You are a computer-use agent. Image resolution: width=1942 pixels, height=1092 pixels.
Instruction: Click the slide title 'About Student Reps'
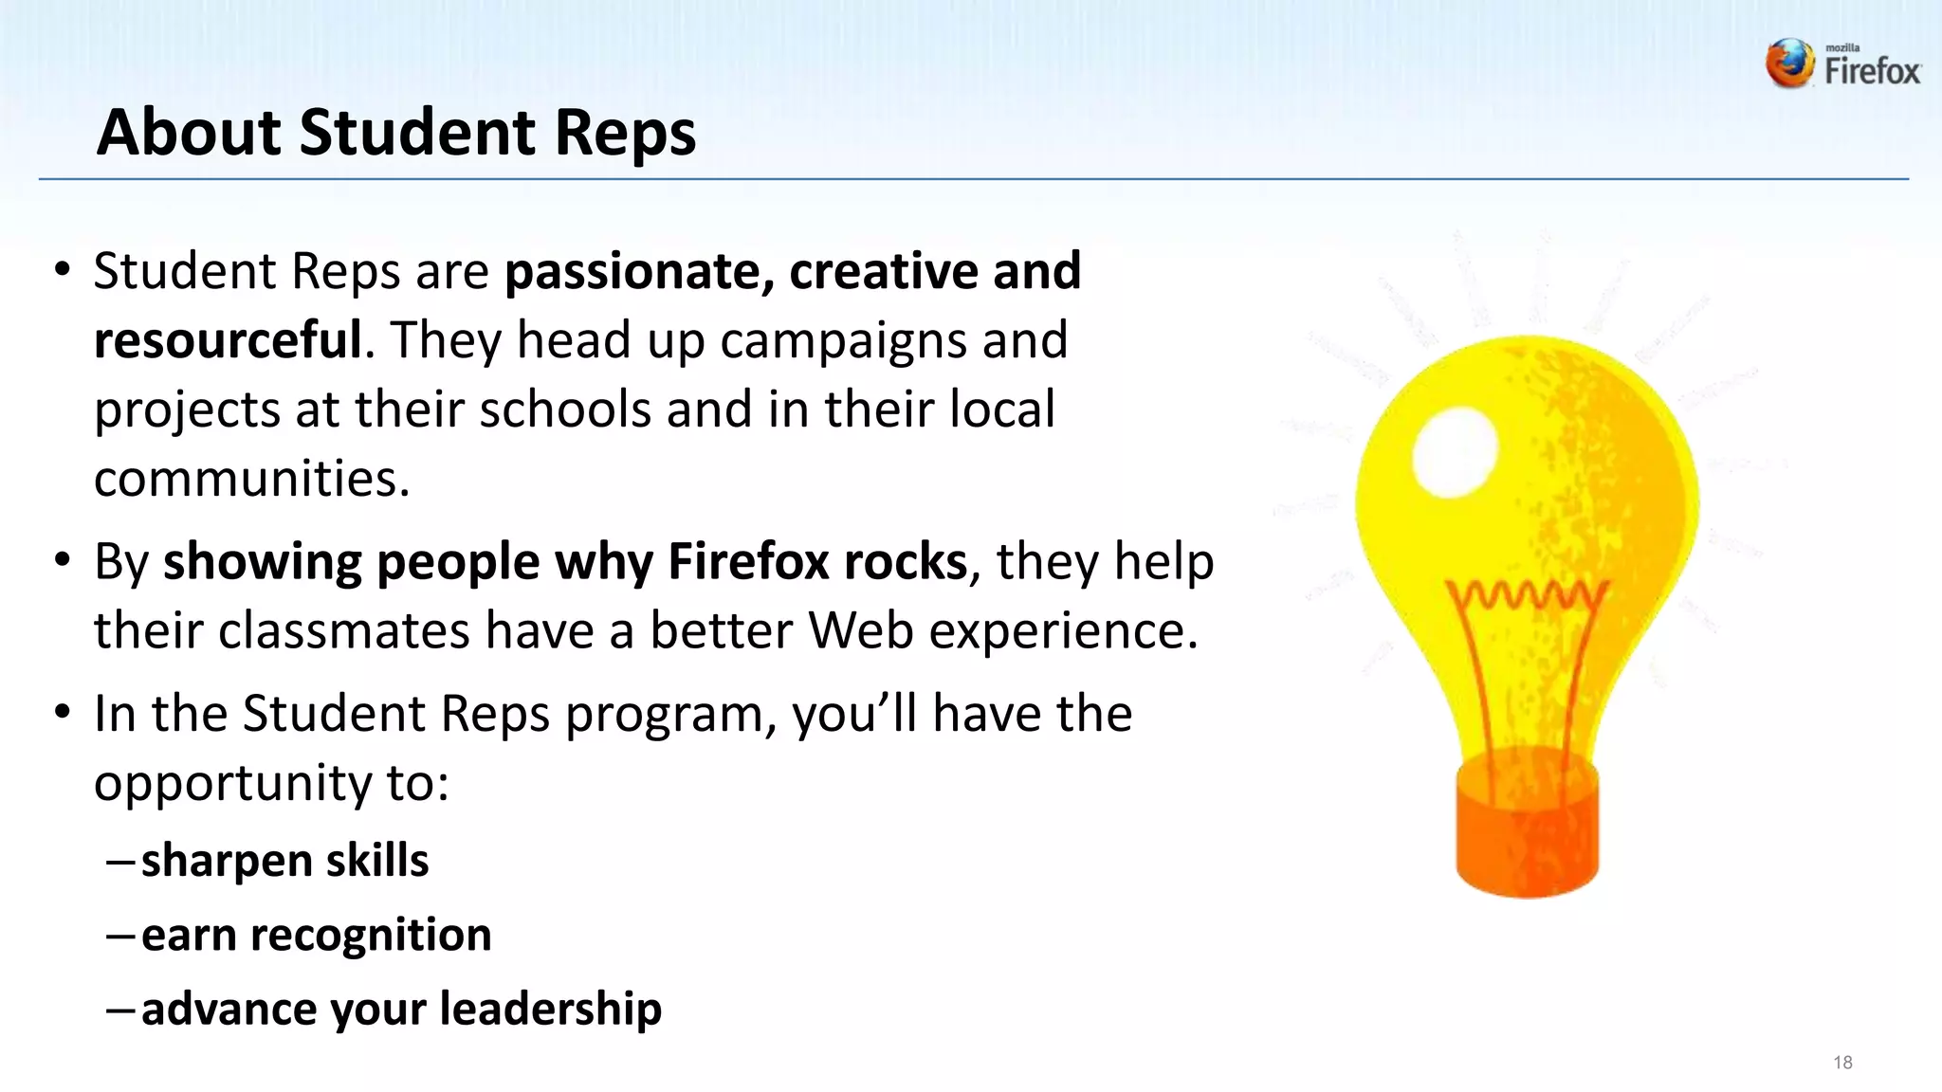[x=396, y=132]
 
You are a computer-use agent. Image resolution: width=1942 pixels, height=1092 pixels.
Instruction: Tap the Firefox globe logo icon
[x=1789, y=64]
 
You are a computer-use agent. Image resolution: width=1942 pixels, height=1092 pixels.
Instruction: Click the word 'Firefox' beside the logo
[x=1873, y=71]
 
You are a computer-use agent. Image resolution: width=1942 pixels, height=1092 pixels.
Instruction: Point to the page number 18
[x=1842, y=1063]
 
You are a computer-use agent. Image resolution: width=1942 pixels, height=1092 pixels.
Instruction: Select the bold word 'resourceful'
[x=228, y=340]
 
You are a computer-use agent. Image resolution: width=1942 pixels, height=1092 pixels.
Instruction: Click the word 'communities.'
[x=251, y=479]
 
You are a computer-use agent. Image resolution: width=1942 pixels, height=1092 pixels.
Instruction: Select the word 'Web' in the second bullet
[x=861, y=631]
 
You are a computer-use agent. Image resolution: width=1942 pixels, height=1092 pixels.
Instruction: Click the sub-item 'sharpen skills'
[x=284, y=861]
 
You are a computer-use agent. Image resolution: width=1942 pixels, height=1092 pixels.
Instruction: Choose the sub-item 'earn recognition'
[x=316, y=935]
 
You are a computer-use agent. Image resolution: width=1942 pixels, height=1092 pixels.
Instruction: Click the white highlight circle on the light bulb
[x=1454, y=453]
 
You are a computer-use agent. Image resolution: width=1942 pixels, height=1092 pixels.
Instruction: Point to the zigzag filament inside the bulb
[x=1527, y=596]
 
